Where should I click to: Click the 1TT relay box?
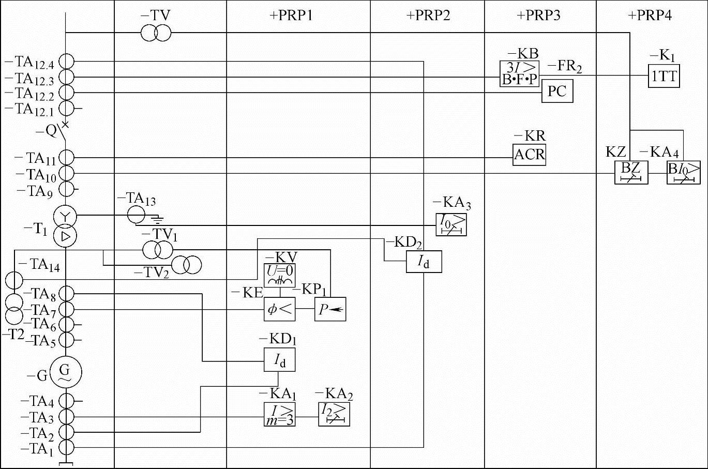point(664,76)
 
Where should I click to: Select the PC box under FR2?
point(557,92)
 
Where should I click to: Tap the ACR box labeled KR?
point(529,155)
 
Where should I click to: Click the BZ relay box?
point(630,172)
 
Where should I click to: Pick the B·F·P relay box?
point(519,74)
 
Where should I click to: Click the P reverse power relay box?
point(330,309)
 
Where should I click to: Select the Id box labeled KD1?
point(279,359)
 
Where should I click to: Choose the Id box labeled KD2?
point(424,262)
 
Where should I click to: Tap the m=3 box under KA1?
point(279,414)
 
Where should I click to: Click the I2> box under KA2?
point(334,414)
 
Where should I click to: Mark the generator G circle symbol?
point(65,371)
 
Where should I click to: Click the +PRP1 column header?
point(298,16)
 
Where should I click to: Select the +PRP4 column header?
point(650,16)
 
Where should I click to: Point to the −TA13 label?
point(136,199)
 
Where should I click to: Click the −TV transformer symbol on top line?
point(156,34)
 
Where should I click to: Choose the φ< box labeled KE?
point(279,309)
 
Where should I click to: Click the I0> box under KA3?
point(451,224)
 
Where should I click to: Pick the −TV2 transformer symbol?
point(186,265)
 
